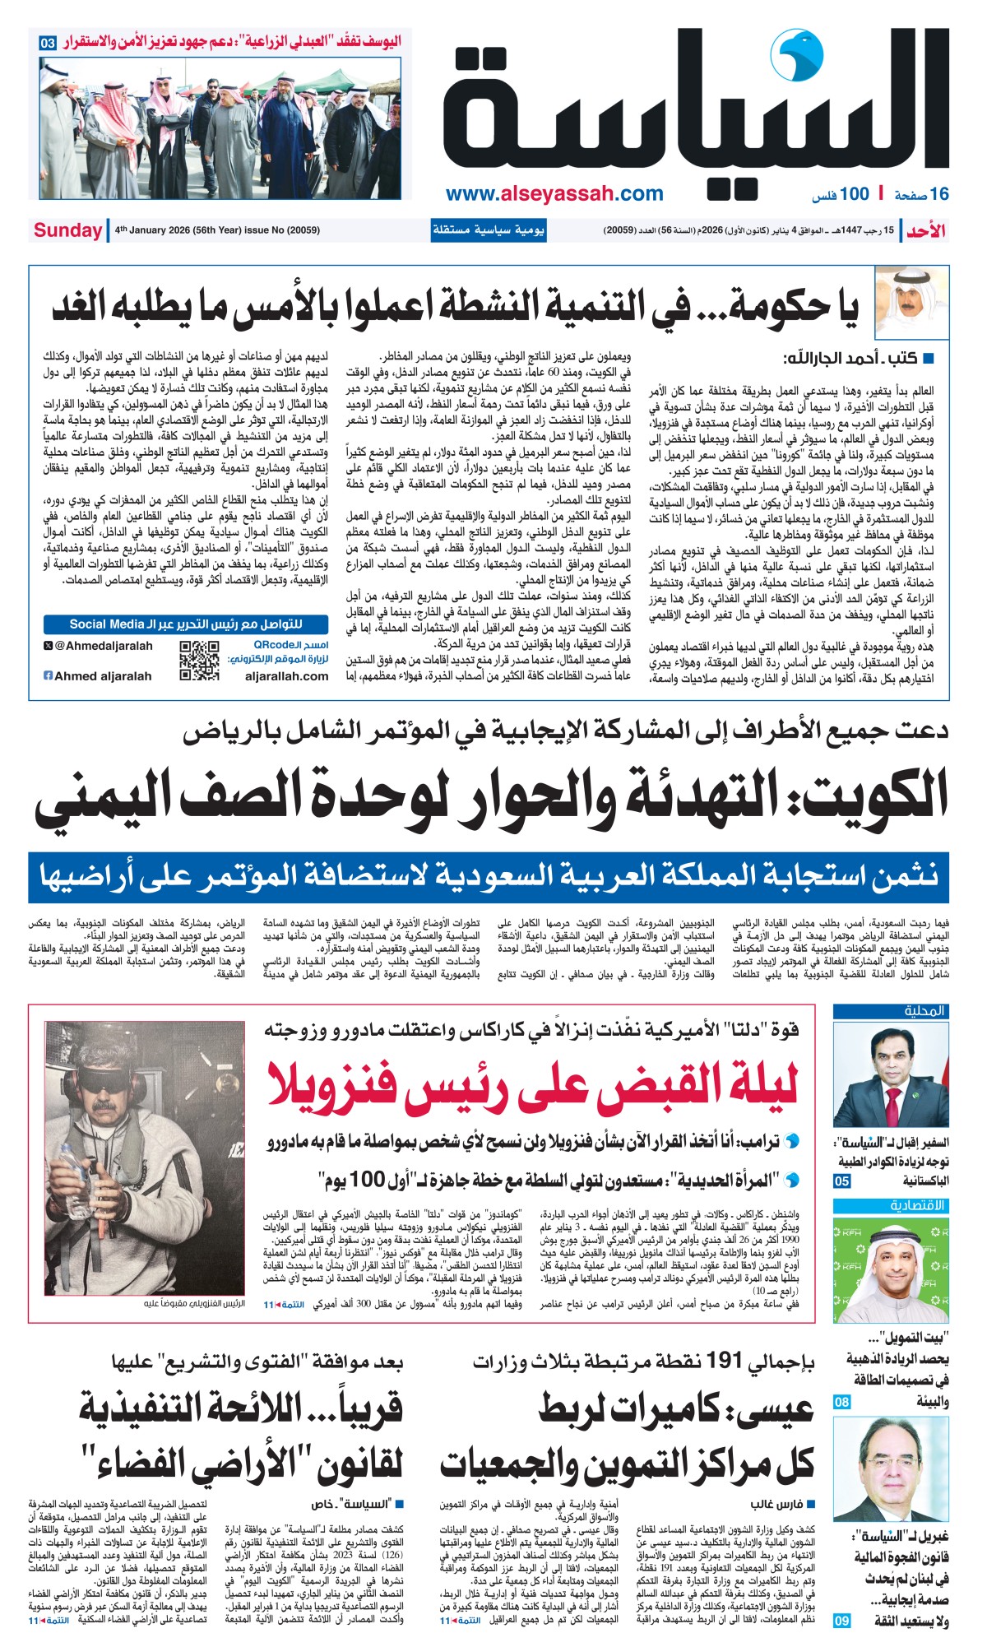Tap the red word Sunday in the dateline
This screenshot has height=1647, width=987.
tap(67, 230)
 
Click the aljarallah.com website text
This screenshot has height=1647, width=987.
tap(286, 676)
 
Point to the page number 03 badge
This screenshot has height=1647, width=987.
tap(48, 42)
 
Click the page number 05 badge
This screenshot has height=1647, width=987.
tap(841, 1181)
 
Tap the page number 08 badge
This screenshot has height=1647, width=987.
tap(841, 1402)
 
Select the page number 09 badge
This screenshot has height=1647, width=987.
tap(841, 1621)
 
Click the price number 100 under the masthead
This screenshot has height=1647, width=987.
tap(855, 194)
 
